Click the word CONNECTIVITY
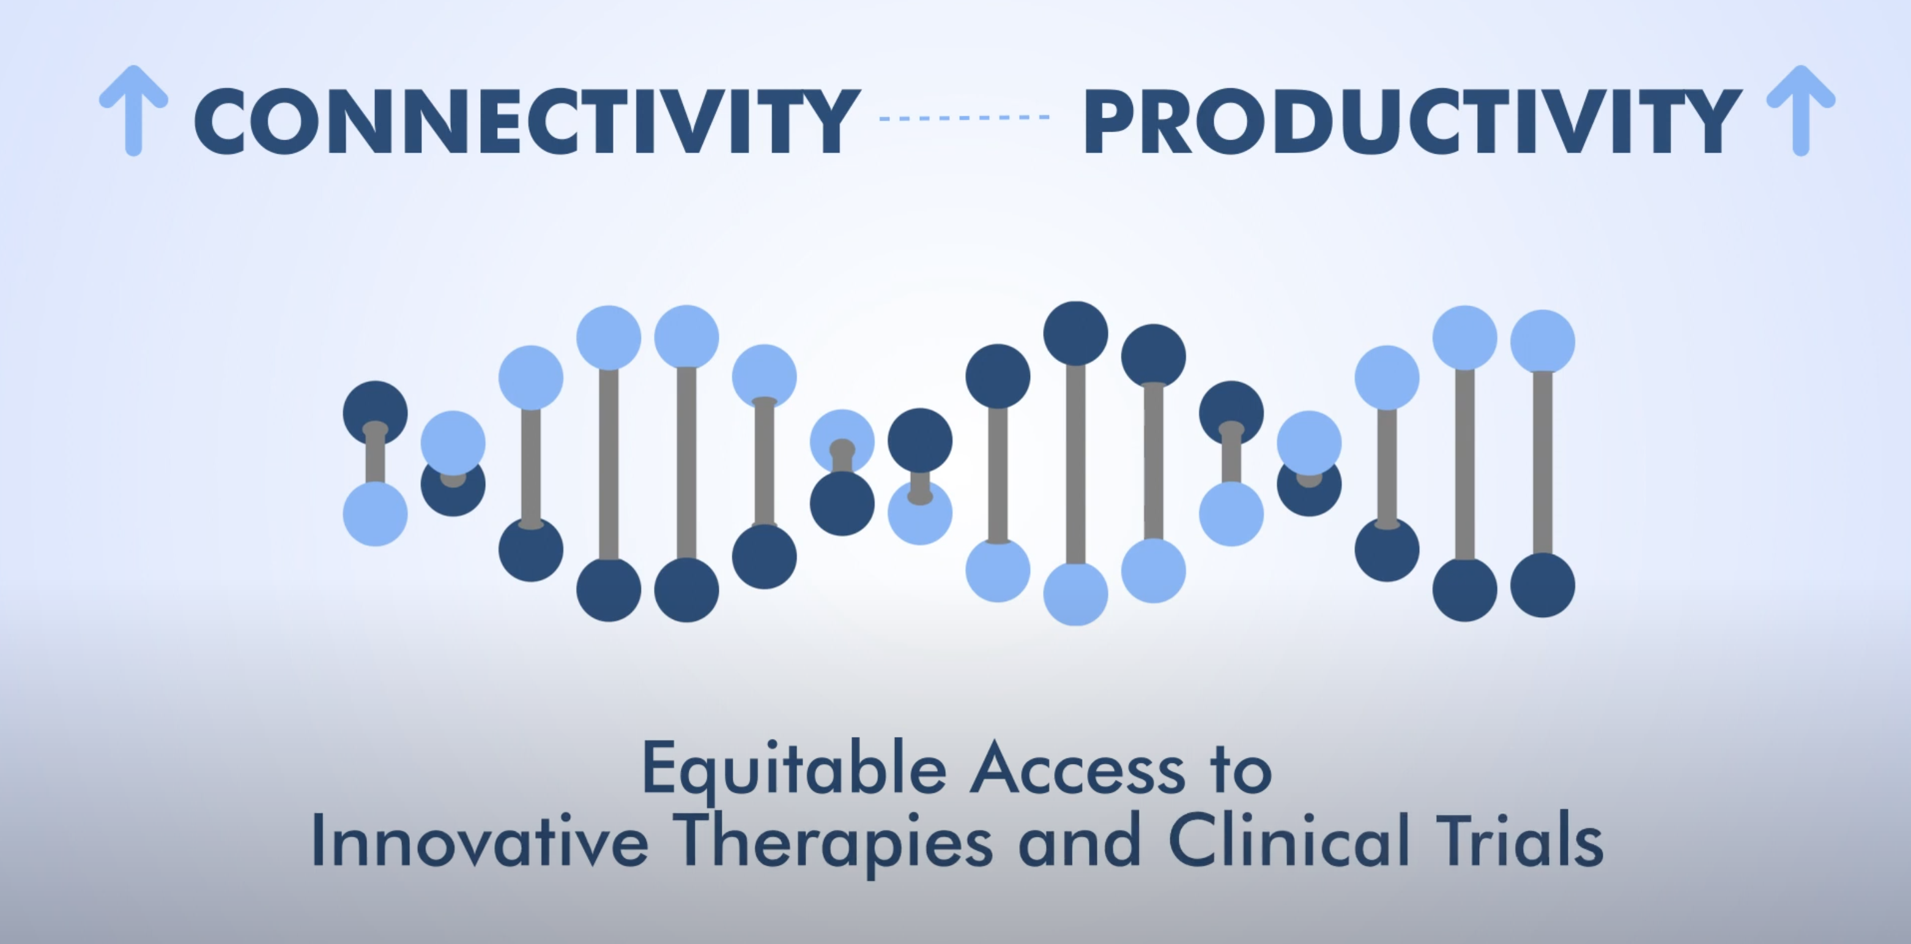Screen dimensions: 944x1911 527,121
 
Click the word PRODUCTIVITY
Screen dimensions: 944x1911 1412,121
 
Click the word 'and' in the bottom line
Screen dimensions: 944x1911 1080,842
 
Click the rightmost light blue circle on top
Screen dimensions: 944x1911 1542,342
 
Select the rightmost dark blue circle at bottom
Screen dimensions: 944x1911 1542,585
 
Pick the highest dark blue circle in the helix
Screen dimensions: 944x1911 1075,332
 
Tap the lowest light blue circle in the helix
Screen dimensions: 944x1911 1075,594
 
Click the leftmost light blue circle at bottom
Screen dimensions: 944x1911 376,514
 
